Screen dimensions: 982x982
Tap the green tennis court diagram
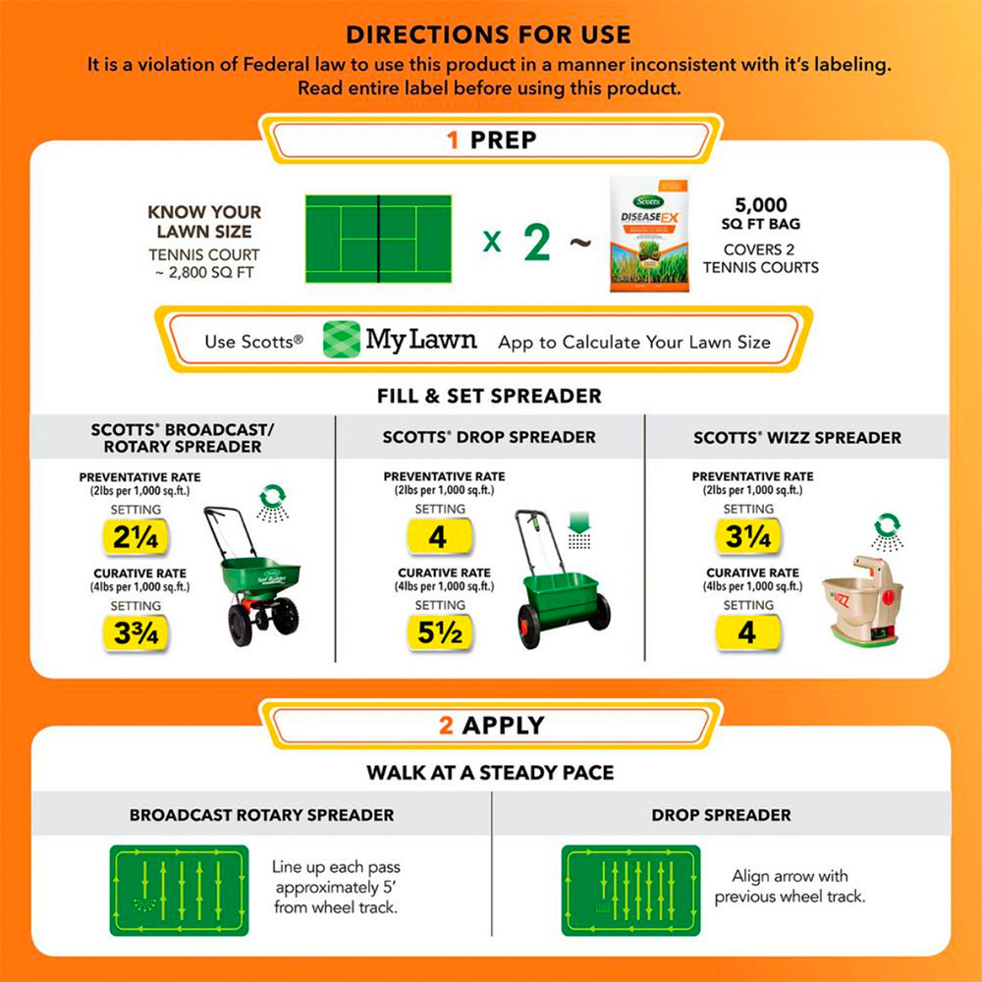378,239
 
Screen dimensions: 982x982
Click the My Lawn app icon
342,340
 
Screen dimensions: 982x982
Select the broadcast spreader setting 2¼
136,537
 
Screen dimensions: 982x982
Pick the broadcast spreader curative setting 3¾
136,633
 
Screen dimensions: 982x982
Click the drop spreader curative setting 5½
439,633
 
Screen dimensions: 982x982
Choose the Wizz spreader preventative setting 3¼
748,537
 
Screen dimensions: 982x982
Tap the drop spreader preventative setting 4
439,537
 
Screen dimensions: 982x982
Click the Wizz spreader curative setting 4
748,633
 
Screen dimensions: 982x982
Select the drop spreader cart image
561,584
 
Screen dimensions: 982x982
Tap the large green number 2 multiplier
536,241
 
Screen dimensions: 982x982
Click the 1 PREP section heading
491,139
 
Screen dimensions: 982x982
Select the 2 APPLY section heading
491,726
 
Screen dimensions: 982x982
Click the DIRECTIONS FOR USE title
488,34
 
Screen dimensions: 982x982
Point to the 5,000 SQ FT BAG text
761,214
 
